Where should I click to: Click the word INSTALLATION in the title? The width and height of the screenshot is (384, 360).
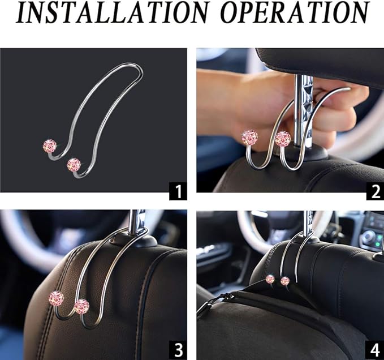[111, 12]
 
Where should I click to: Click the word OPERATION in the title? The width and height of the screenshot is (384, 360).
[295, 12]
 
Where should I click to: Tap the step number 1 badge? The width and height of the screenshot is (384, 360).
[178, 191]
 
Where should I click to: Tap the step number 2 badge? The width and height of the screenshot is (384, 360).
[375, 191]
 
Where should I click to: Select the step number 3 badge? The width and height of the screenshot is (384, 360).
[178, 351]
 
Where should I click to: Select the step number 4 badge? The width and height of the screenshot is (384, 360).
[375, 351]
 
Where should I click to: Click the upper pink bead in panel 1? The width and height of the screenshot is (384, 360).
[50, 147]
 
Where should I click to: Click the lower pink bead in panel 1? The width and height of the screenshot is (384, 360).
[74, 165]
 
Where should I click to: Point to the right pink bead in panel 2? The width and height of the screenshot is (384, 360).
[283, 139]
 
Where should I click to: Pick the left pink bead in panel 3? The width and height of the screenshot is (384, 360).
[56, 298]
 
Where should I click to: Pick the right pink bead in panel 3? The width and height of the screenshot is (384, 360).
[82, 307]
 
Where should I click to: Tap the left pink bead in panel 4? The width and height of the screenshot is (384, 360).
[270, 279]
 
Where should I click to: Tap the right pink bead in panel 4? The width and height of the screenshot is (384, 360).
[285, 281]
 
